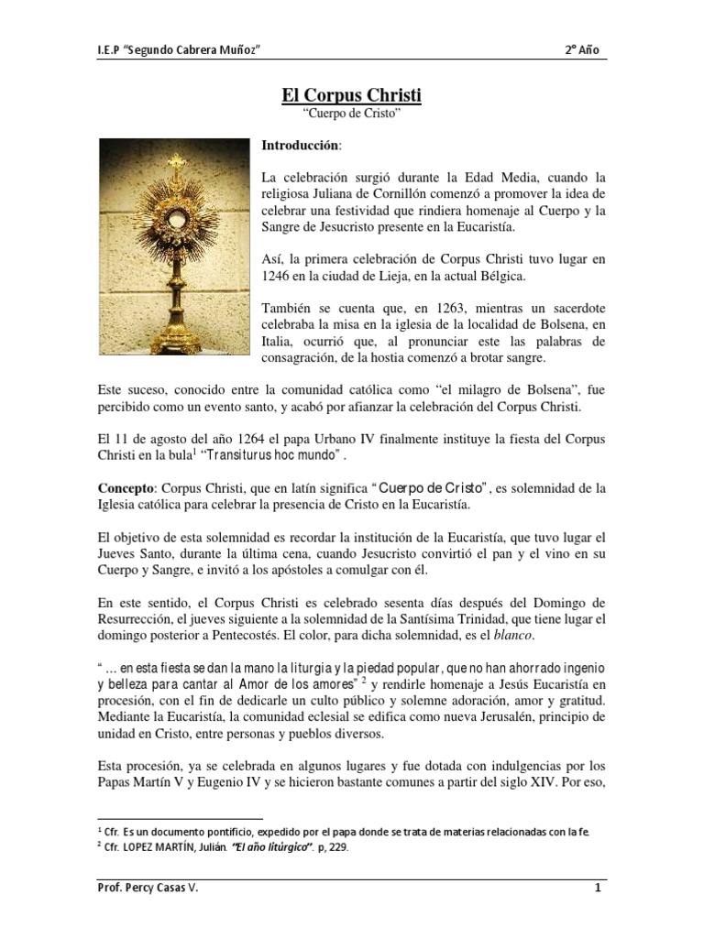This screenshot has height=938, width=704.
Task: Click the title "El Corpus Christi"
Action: [351, 94]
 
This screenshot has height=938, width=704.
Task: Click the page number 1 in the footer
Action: [597, 912]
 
